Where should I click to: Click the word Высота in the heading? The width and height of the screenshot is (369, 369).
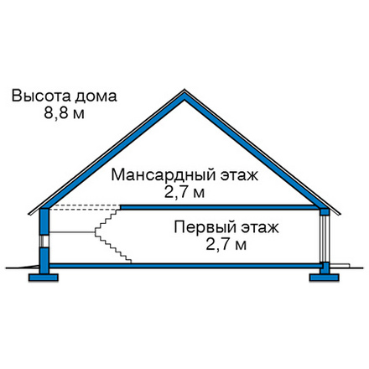point(41,96)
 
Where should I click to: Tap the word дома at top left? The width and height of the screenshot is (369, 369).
point(96,96)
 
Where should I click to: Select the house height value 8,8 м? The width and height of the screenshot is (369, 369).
point(64,113)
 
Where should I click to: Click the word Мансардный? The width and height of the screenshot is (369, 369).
point(164,175)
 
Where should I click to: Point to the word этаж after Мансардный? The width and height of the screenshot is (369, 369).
point(239,176)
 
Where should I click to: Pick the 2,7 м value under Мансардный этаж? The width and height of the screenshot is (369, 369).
point(184,192)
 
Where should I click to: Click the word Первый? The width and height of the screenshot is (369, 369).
point(205,227)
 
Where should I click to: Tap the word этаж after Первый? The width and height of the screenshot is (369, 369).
point(260,228)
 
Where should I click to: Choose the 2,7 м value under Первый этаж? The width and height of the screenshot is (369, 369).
point(226,245)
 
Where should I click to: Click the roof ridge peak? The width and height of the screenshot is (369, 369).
point(184,90)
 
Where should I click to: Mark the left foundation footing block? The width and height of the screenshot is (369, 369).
point(44,278)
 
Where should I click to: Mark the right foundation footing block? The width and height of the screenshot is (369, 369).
point(325,278)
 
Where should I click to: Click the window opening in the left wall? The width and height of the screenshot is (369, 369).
point(44,242)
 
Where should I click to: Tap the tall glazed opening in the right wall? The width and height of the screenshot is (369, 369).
point(325,238)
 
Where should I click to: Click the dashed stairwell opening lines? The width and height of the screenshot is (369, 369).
point(85,207)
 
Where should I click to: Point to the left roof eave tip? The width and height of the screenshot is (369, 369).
point(29,215)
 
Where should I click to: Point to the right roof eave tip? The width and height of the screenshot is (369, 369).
point(340,214)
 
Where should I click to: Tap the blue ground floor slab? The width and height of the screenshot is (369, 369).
point(184,266)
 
